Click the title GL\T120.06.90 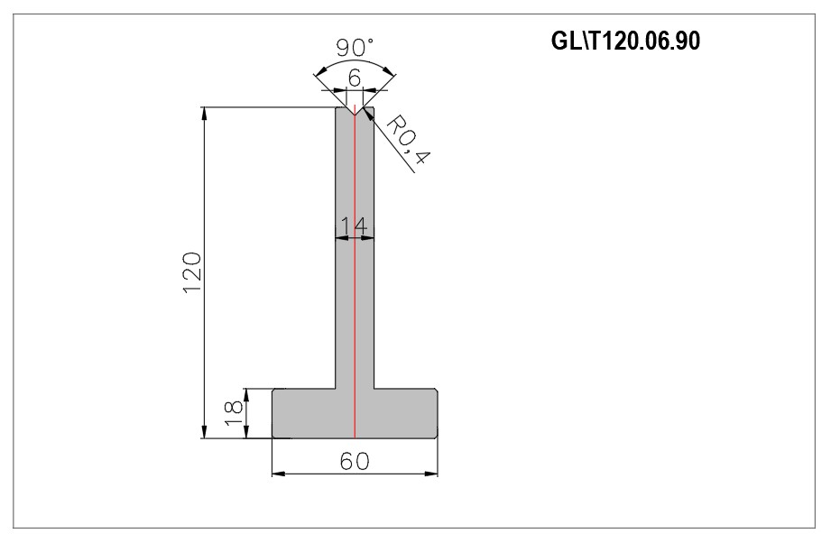point(625,41)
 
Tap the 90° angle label point(355,48)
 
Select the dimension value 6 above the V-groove point(355,78)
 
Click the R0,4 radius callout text point(407,140)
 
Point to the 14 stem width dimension point(354,226)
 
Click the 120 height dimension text point(192,272)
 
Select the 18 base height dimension point(234,414)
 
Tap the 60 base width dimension point(355,461)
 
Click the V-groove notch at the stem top point(355,111)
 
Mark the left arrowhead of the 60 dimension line point(278,473)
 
